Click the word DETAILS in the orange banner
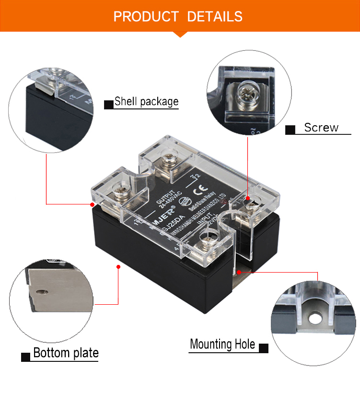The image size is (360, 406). [215, 17]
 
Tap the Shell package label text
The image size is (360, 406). [146, 102]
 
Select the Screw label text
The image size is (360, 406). [321, 128]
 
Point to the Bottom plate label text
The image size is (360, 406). [66, 353]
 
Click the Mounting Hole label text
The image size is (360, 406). [222, 344]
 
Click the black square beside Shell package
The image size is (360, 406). [108, 104]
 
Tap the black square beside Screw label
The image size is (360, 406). [290, 130]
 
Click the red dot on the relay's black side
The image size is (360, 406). [118, 265]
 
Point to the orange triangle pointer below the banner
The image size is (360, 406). [180, 34]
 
